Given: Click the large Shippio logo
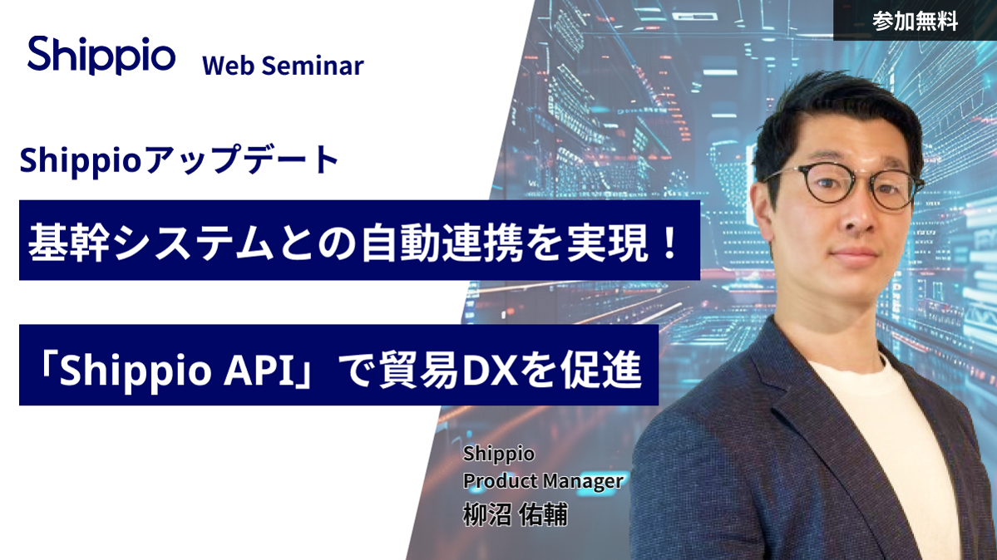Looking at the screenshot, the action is coord(101,56).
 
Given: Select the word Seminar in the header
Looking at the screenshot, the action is coord(313,66).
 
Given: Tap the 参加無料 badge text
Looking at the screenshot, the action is coord(915,21).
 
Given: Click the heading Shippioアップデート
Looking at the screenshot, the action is coord(180,160).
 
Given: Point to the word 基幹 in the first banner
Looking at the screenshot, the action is coord(68,243).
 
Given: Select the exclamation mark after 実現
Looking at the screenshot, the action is coord(669,243).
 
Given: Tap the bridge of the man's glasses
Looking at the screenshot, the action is coord(857,181).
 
